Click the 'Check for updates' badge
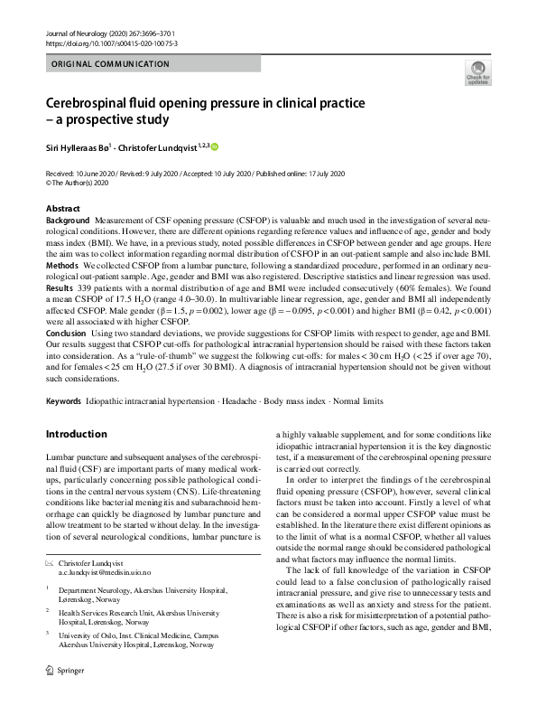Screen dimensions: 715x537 point(477,73)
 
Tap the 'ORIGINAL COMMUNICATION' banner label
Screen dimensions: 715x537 point(111,64)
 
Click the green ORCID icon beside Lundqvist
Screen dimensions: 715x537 point(216,146)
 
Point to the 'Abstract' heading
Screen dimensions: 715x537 point(63,209)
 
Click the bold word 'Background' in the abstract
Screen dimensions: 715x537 point(68,221)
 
